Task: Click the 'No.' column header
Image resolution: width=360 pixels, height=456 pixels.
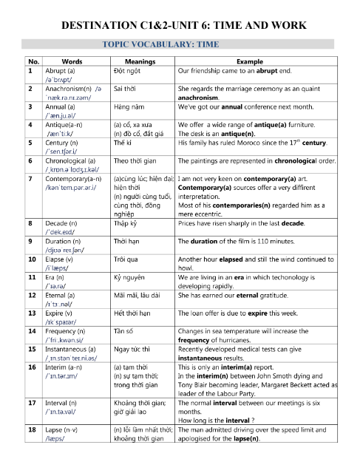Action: click(x=32, y=62)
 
